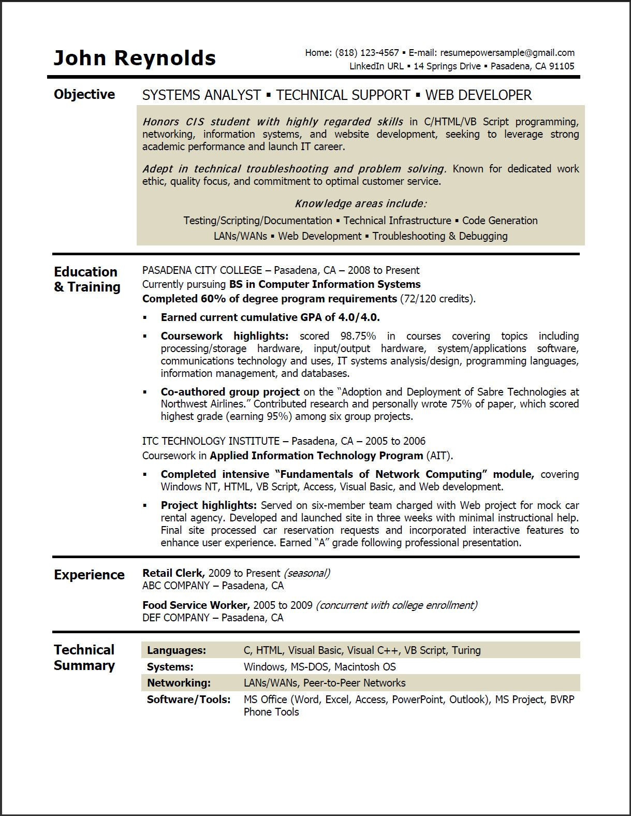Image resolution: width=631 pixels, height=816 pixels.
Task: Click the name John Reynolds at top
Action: click(x=135, y=58)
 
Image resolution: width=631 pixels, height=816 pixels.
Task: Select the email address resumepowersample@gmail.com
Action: click(x=507, y=52)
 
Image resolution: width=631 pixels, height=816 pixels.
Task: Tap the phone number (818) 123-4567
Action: click(x=367, y=52)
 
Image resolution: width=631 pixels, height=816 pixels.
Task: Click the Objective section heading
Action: click(x=84, y=94)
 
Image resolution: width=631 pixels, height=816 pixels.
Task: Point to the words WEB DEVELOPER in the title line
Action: click(x=478, y=95)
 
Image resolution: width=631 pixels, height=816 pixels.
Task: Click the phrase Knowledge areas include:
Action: click(x=360, y=203)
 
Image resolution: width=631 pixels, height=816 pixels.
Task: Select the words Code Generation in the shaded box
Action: click(x=500, y=221)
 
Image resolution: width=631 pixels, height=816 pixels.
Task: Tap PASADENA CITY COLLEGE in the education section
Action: click(x=202, y=270)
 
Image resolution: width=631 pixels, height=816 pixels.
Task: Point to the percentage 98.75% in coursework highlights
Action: click(x=358, y=336)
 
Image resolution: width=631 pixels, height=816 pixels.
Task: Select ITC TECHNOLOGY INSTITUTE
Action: click(x=211, y=441)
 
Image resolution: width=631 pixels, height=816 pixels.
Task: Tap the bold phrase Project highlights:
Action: click(x=209, y=505)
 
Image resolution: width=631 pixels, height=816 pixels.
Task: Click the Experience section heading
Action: click(x=89, y=575)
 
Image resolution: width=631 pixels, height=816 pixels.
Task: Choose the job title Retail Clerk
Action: click(x=173, y=573)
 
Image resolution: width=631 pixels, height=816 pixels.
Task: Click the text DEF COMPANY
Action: click(x=175, y=618)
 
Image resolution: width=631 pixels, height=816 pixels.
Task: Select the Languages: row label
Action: click(x=176, y=650)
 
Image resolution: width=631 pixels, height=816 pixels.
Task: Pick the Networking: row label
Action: click(x=179, y=683)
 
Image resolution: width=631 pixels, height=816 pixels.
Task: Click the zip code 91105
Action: click(x=562, y=66)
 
